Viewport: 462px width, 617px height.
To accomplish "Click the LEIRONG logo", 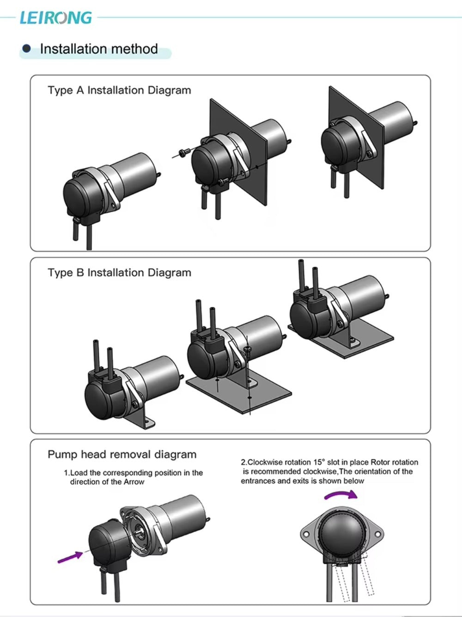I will tap(56, 18).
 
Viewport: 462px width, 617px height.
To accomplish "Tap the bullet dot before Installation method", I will tap(27, 49).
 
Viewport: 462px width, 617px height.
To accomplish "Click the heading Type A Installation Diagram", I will tap(119, 90).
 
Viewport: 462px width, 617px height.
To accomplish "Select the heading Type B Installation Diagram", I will tap(119, 273).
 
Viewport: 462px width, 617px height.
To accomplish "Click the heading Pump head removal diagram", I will tap(122, 454).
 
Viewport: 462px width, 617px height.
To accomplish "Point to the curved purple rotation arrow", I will tap(340, 495).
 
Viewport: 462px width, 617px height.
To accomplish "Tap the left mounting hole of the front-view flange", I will tap(305, 534).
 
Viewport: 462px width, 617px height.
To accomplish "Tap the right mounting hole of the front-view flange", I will tap(377, 534).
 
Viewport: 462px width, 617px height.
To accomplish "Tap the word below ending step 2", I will tap(353, 481).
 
